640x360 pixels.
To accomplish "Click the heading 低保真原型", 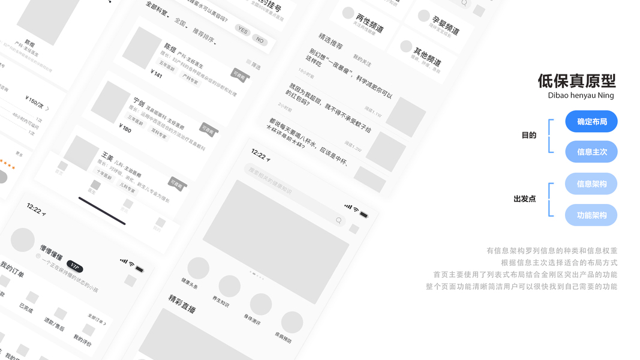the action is click(576, 80).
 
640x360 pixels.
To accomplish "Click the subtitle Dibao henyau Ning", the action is click(581, 95).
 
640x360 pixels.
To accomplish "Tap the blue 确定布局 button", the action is click(591, 122).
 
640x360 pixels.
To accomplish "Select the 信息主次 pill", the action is click(591, 152).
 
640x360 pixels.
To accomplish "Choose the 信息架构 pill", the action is click(591, 184).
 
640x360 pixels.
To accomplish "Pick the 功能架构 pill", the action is click(591, 215).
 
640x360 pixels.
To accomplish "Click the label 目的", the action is click(528, 136).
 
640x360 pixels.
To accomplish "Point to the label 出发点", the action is click(524, 199).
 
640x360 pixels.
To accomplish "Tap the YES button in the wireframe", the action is click(242, 30).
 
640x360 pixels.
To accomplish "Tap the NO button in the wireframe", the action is click(260, 40).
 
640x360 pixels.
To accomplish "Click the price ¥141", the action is click(156, 74).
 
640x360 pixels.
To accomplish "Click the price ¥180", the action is click(125, 128).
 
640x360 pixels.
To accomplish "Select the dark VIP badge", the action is click(75, 266).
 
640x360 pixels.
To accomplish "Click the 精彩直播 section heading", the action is click(182, 304).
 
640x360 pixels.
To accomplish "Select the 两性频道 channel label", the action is click(369, 23).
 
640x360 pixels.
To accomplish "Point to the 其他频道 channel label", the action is click(427, 58).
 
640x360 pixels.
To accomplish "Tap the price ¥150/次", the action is click(35, 101).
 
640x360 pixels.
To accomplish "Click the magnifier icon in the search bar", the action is click(339, 221).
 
